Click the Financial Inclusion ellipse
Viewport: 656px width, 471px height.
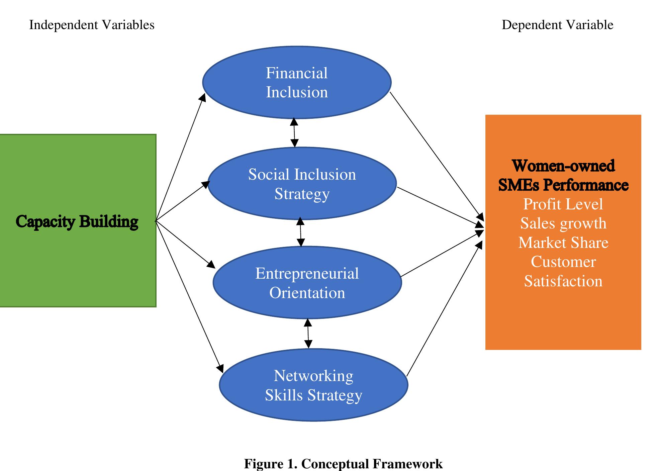tap(297, 83)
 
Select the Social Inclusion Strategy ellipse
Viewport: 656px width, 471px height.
tap(302, 184)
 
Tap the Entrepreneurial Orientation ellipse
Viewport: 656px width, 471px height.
tap(307, 283)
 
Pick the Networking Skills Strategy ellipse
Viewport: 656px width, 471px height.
tap(313, 385)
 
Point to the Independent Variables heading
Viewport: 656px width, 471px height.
tap(92, 25)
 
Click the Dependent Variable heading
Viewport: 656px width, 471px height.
tap(557, 25)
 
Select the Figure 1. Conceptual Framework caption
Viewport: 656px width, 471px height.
tap(343, 464)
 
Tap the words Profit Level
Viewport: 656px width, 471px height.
tap(563, 204)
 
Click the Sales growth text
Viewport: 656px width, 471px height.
tap(563, 223)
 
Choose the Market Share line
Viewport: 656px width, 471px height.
tap(563, 243)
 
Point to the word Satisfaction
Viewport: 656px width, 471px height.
tap(563, 281)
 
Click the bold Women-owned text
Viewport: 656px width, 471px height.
tap(563, 166)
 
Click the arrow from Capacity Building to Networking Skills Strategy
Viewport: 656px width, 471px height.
tap(189, 296)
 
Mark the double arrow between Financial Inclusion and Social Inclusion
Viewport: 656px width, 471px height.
tap(294, 132)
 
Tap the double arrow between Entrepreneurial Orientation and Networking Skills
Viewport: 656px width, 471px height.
tap(308, 334)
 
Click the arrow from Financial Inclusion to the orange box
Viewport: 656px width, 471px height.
tap(437, 156)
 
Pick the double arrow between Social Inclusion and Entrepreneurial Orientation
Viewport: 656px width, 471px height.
tap(301, 232)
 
